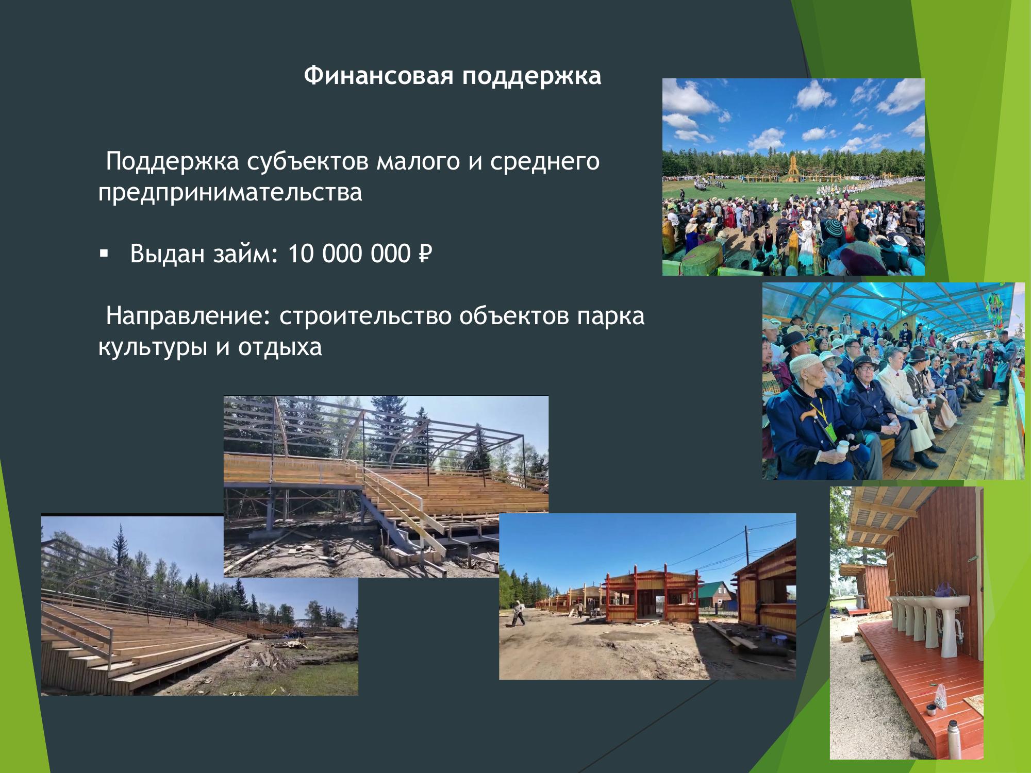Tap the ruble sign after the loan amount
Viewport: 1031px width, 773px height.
click(x=424, y=254)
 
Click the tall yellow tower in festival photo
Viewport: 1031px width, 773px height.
click(x=792, y=165)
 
